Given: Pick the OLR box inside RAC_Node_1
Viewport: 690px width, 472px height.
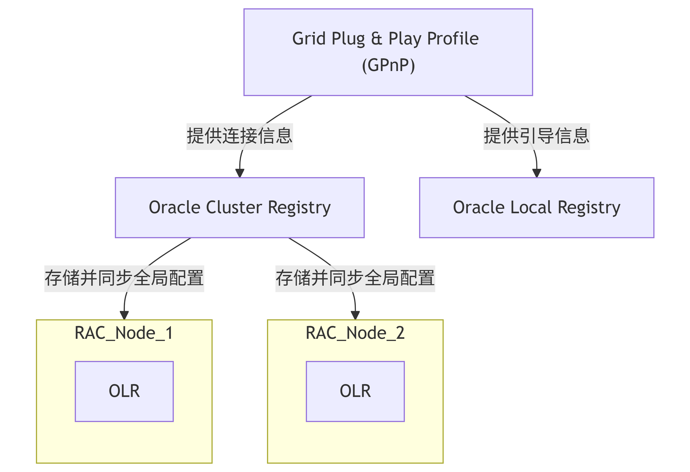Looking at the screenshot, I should pos(124,391).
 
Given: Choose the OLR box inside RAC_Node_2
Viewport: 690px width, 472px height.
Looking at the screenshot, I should pos(355,391).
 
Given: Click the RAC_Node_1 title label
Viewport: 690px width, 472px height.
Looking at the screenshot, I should pos(124,333).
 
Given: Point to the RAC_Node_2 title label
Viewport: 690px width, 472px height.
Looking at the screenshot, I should pos(355,333).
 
